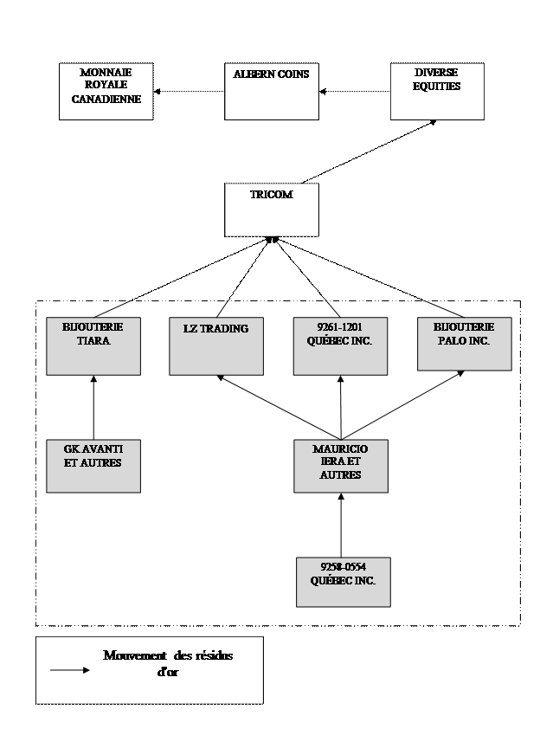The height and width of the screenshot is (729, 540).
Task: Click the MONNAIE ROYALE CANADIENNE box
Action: pos(106,92)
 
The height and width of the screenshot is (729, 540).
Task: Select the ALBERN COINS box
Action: pos(271,92)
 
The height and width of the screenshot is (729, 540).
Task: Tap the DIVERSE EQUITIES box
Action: pos(437,92)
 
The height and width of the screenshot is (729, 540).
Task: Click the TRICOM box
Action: pos(271,210)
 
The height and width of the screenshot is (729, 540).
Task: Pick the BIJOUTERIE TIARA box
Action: pos(93,346)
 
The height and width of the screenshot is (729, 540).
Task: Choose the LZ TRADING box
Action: pos(216,346)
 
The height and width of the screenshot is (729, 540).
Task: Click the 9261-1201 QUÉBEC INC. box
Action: pos(340,346)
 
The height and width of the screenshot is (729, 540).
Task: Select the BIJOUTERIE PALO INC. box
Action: pos(464,346)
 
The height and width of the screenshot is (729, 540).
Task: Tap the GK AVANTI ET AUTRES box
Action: pos(93,466)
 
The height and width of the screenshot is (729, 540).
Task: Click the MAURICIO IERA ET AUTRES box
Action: pos(340,466)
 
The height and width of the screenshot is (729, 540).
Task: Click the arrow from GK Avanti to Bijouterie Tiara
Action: pos(93,408)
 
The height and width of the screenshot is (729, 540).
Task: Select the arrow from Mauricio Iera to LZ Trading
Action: pos(278,407)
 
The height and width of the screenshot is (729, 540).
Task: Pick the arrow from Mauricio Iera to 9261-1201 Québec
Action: pos(340,408)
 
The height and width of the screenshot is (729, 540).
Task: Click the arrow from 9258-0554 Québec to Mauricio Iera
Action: pos(340,525)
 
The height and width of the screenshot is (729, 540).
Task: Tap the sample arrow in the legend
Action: pos(69,670)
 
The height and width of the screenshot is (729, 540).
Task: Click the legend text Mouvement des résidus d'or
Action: pos(168,663)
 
